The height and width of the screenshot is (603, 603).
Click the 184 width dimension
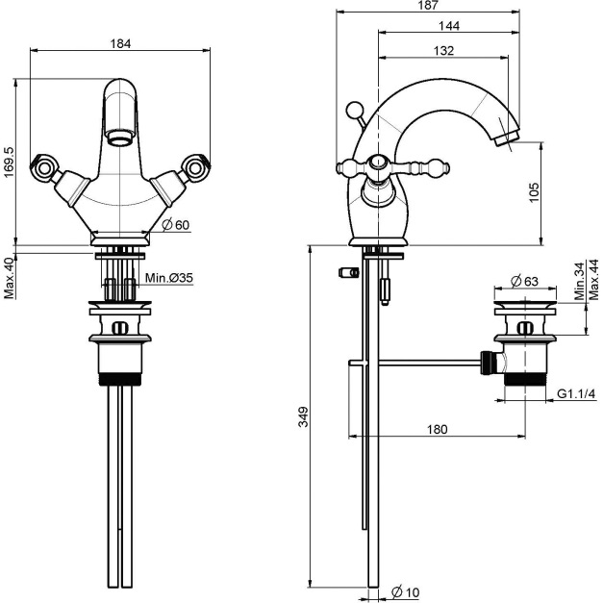(x=121, y=43)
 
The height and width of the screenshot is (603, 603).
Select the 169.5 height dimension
(x=9, y=163)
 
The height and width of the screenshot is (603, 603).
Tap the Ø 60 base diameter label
(x=179, y=224)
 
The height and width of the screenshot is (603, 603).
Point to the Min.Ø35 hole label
(x=169, y=278)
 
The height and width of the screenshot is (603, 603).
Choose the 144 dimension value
(x=446, y=27)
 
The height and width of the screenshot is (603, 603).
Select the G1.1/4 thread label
(x=577, y=394)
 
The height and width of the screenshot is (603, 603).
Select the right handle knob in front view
(x=197, y=168)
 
